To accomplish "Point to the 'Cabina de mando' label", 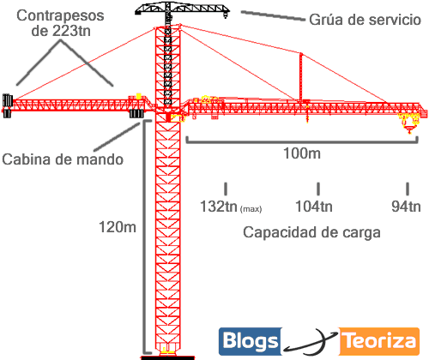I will tap(62, 159).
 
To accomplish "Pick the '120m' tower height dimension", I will tap(118, 227).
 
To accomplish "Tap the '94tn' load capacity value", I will tap(405, 207).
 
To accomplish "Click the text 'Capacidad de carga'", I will tap(311, 232).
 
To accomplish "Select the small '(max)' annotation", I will tap(255, 209).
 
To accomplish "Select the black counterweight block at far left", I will tap(7, 103).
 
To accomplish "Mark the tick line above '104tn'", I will tap(318, 187).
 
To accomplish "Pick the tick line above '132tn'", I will tap(226, 187).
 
